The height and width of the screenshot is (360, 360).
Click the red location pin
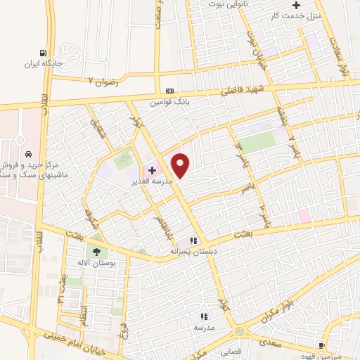coord(181,165)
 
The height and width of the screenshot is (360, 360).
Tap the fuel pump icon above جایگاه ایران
coord(44,53)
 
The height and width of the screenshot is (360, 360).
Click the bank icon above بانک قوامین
coord(169,91)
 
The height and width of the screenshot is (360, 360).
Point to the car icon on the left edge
coord(27,154)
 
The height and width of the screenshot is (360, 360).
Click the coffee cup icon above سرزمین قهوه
coord(321,345)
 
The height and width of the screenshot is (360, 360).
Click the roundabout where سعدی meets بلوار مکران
coord(240,330)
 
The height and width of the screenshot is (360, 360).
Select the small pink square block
coord(304,216)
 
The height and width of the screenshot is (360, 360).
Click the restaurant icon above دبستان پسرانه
coord(191,240)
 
